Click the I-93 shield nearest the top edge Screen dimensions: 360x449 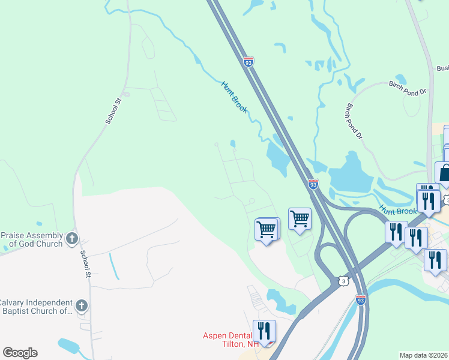[x=249, y=62]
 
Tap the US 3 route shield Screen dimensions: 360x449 [x=342, y=280]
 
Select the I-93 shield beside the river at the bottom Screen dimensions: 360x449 [x=360, y=300]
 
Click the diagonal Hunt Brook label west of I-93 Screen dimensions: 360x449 [x=235, y=97]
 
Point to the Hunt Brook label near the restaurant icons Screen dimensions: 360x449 [x=397, y=211]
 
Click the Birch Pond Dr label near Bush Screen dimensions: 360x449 [x=407, y=88]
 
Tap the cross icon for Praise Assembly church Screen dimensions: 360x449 [x=71, y=239]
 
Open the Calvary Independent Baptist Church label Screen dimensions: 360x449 [x=36, y=307]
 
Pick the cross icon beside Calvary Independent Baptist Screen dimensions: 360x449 [x=82, y=306]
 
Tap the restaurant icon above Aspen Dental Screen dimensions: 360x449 [x=264, y=330]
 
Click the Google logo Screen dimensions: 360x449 [x=20, y=353]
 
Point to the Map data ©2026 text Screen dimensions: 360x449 [x=423, y=355]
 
